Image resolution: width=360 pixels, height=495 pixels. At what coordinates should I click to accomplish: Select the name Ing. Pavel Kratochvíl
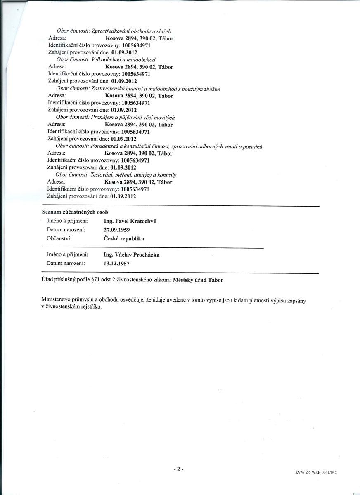click(x=130, y=221)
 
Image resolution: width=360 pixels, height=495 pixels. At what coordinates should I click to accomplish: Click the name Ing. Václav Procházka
click(x=132, y=255)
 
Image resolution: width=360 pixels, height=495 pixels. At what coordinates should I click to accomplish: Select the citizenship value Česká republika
click(x=124, y=238)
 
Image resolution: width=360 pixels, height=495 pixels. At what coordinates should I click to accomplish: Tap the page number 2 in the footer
click(x=178, y=469)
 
